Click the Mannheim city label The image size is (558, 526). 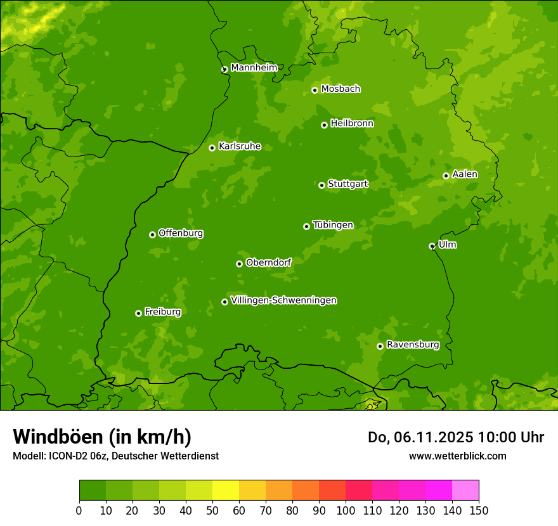pyautogui.click(x=254, y=68)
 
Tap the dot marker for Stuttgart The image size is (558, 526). pyautogui.click(x=321, y=185)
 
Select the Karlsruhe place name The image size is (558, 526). pyautogui.click(x=239, y=146)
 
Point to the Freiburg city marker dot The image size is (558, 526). pyautogui.click(x=138, y=313)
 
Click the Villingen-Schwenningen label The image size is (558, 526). pyautogui.click(x=283, y=300)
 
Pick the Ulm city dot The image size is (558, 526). pyautogui.click(x=432, y=246)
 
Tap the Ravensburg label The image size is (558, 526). pyautogui.click(x=412, y=345)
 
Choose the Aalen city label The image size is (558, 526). pyautogui.click(x=464, y=174)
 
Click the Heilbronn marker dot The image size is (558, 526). pyautogui.click(x=324, y=125)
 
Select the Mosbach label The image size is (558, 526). pyautogui.click(x=340, y=89)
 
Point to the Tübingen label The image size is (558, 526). pyautogui.click(x=332, y=225)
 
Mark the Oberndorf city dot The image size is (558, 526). pyautogui.click(x=239, y=264)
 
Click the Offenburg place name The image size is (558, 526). pyautogui.click(x=180, y=233)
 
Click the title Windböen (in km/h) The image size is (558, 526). pyautogui.click(x=102, y=437)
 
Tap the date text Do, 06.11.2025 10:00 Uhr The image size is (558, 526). pyautogui.click(x=455, y=437)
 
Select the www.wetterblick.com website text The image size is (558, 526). pyautogui.click(x=457, y=456)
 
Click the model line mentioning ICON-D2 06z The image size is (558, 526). pyautogui.click(x=115, y=456)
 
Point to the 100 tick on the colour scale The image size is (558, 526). pyautogui.click(x=346, y=510)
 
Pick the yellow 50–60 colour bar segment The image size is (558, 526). pyautogui.click(x=226, y=491)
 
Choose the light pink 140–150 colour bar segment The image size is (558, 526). pyautogui.click(x=465, y=491)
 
